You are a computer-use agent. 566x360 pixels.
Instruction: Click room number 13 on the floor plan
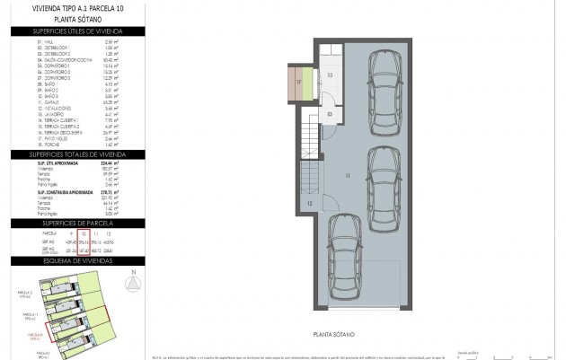click(x=329, y=75)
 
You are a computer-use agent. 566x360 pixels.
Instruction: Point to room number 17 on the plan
click(x=299, y=83)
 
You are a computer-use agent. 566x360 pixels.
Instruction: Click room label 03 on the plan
click(x=330, y=114)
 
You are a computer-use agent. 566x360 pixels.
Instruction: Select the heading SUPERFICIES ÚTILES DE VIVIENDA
click(x=77, y=31)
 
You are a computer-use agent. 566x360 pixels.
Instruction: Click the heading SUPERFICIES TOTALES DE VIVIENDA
click(x=77, y=154)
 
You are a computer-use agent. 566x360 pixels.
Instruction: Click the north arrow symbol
click(x=133, y=282)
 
